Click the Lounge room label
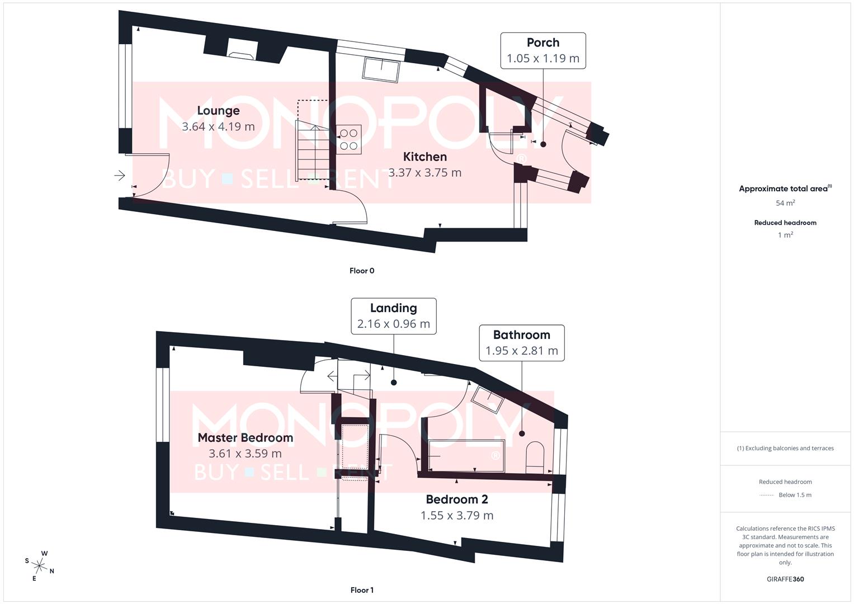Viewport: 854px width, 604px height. pyautogui.click(x=218, y=111)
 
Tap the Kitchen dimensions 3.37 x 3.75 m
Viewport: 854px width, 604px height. pyautogui.click(x=425, y=173)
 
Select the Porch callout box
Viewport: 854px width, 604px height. pyautogui.click(x=543, y=51)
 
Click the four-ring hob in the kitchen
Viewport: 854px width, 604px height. pyautogui.click(x=348, y=140)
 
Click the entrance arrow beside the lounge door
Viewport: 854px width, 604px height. pyautogui.click(x=119, y=176)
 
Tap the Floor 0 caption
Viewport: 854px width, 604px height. pyautogui.click(x=362, y=271)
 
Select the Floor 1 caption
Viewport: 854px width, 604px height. pyautogui.click(x=362, y=590)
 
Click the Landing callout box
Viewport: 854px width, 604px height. pyautogui.click(x=394, y=316)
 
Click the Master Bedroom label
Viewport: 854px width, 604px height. pyautogui.click(x=246, y=438)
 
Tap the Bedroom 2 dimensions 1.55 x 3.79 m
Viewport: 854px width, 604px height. pyautogui.click(x=457, y=516)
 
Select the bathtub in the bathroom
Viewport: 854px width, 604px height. pyautogui.click(x=466, y=455)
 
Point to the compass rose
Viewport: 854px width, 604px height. pyautogui.click(x=39, y=565)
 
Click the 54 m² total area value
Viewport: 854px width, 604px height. pyautogui.click(x=785, y=203)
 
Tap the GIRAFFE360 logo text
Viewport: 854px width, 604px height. pyautogui.click(x=785, y=579)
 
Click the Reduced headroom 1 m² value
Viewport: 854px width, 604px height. pyautogui.click(x=785, y=235)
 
